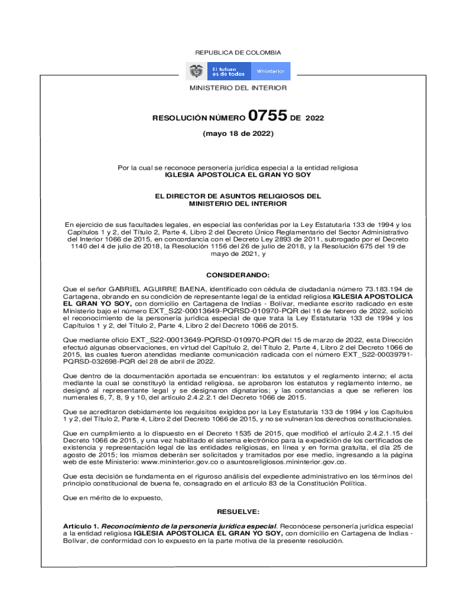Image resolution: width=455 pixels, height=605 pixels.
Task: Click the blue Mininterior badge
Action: [271, 71]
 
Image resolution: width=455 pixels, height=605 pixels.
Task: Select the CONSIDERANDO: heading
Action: [238, 275]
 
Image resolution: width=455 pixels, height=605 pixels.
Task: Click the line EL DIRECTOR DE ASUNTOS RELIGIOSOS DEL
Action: [238, 196]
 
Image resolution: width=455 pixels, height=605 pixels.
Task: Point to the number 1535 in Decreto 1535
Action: [230, 432]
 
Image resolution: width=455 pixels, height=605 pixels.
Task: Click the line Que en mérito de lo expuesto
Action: [112, 497]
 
